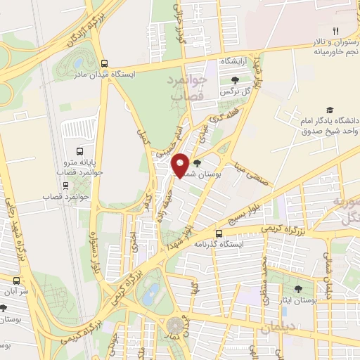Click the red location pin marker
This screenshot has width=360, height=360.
(181, 165)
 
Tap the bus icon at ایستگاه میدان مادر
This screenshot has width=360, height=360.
(104, 62)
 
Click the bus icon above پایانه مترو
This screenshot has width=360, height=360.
(78, 151)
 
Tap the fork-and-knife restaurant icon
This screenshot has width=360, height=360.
(336, 30)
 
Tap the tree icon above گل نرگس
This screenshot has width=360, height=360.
(235, 79)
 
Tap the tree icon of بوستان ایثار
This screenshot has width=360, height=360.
(298, 288)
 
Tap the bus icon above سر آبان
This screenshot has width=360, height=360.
(3, 307)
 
